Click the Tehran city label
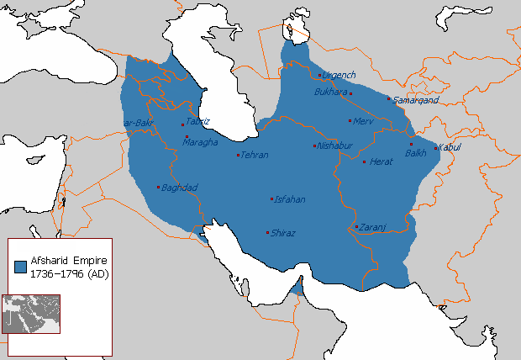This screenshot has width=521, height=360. pyautogui.click(x=255, y=156)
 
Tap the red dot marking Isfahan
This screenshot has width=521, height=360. pyautogui.click(x=271, y=199)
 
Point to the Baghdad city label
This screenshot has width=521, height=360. pyautogui.click(x=178, y=187)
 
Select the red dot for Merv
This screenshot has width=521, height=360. pyautogui.click(x=350, y=121)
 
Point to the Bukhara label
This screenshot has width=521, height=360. pyautogui.click(x=330, y=92)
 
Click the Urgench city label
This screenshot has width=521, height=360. pyautogui.click(x=339, y=76)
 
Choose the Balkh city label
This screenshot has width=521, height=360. pyautogui.click(x=416, y=153)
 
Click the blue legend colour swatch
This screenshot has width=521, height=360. pyautogui.click(x=20, y=266)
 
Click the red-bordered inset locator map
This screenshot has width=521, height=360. pyautogui.click(x=30, y=313)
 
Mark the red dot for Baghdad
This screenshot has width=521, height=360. pyautogui.click(x=158, y=187)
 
